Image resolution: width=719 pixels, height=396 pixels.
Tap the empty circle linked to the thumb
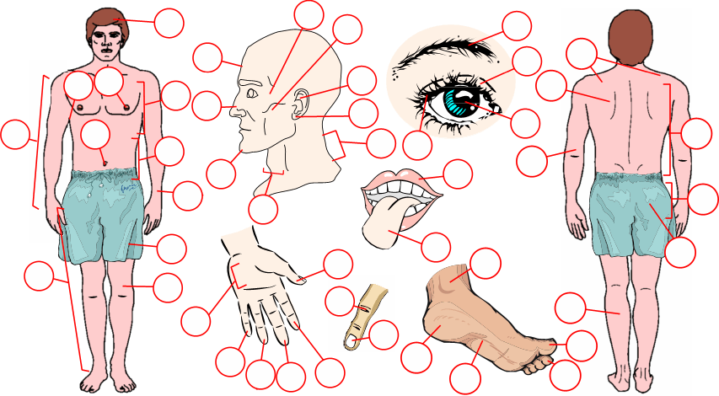click(338, 263)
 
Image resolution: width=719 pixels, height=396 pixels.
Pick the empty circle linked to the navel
click(96, 135)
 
